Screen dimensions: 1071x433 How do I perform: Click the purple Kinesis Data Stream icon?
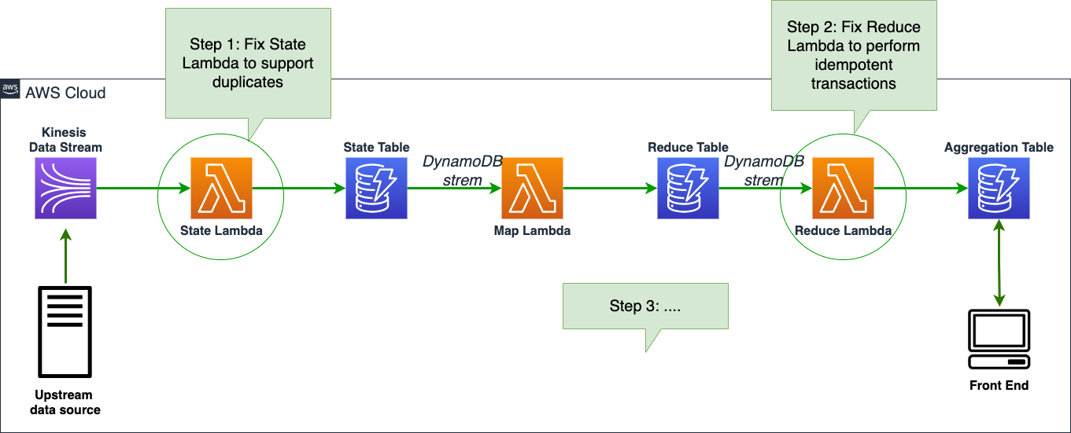[65, 188]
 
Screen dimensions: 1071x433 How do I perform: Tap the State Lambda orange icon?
[221, 188]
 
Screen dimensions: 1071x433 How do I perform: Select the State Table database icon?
[376, 188]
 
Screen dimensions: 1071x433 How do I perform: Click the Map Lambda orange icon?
[532, 188]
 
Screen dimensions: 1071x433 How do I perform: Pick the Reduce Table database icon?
[688, 188]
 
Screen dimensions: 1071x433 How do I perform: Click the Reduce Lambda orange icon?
[843, 188]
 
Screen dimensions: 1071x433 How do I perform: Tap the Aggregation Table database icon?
[999, 188]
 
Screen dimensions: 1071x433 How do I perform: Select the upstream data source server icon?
[65, 332]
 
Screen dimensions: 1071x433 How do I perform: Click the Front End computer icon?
[999, 339]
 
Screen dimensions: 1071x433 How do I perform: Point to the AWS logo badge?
[10, 89]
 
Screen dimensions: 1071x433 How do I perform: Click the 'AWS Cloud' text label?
[65, 93]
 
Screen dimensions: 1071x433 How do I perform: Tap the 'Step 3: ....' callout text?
[645, 306]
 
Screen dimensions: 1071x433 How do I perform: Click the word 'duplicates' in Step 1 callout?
[248, 82]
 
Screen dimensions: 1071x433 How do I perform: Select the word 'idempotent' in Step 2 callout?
[854, 64]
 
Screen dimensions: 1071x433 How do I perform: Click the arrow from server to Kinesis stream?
[65, 256]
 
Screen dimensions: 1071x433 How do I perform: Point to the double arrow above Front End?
[999, 263]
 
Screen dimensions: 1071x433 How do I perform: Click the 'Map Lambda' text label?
[532, 230]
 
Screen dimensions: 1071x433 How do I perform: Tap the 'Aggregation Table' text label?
[999, 148]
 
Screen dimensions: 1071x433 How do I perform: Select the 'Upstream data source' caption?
[65, 402]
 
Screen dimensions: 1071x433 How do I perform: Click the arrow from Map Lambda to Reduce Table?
[610, 188]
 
